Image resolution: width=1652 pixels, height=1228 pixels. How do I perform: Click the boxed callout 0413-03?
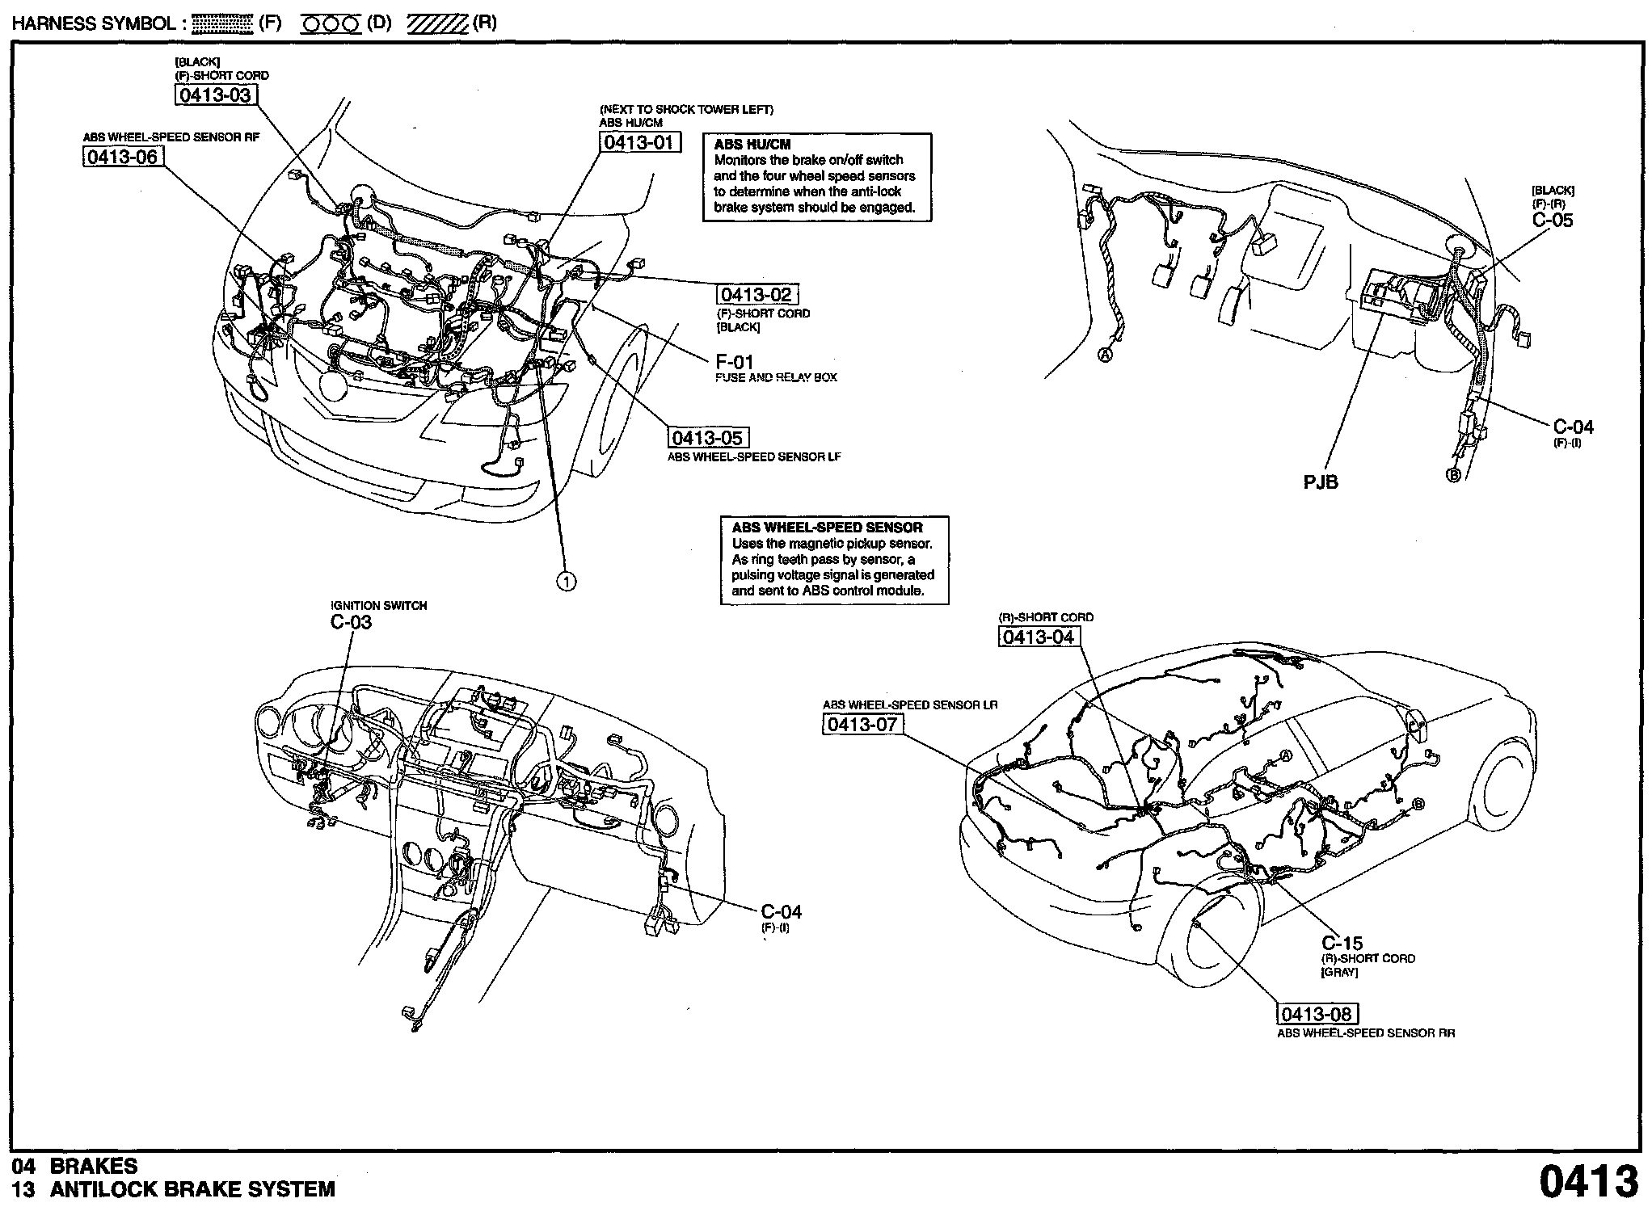(x=214, y=95)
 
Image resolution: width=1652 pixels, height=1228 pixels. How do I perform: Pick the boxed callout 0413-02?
(x=756, y=295)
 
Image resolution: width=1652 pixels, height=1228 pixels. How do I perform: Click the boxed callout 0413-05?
(x=708, y=438)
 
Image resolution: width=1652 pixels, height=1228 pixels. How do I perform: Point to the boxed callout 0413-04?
(x=1039, y=637)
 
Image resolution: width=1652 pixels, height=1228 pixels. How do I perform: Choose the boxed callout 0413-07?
(x=862, y=725)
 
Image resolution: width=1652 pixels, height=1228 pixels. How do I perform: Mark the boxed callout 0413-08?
(x=1317, y=1014)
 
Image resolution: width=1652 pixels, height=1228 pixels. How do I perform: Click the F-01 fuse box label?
(x=734, y=362)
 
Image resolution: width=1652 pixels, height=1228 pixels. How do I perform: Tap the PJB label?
(x=1321, y=482)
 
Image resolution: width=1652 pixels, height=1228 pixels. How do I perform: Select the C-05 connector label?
(x=1553, y=220)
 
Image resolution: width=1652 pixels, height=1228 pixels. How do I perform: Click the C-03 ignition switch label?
(x=351, y=622)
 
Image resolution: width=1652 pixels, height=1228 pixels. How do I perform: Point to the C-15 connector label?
(x=1342, y=943)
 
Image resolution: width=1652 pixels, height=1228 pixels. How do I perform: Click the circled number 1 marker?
(x=567, y=580)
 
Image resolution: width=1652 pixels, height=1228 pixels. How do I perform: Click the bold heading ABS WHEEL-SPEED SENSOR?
(x=827, y=528)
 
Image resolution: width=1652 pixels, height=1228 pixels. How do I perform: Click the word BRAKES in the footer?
(x=94, y=1166)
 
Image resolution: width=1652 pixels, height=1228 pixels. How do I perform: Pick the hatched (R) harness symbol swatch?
(x=437, y=24)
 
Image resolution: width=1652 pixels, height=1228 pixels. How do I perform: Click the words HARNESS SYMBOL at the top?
(x=94, y=23)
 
